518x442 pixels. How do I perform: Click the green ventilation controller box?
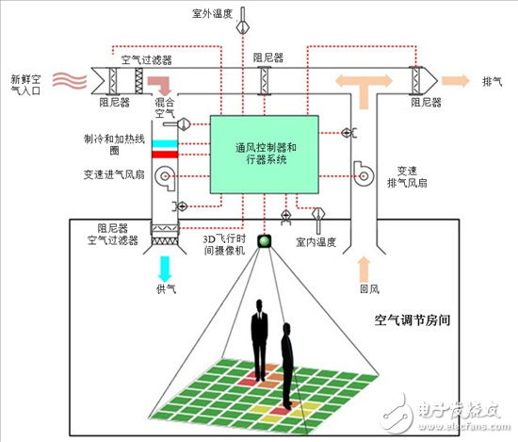point(266,156)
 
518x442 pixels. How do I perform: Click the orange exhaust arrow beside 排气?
point(457,80)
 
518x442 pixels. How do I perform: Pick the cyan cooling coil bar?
point(165,144)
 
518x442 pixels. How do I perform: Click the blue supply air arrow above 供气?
point(165,267)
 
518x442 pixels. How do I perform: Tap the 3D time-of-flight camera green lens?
point(265,243)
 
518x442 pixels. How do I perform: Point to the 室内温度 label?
point(316,242)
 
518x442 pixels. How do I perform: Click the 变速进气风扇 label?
point(109,174)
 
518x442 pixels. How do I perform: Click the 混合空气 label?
point(165,106)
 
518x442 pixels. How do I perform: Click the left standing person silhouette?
point(258,343)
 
